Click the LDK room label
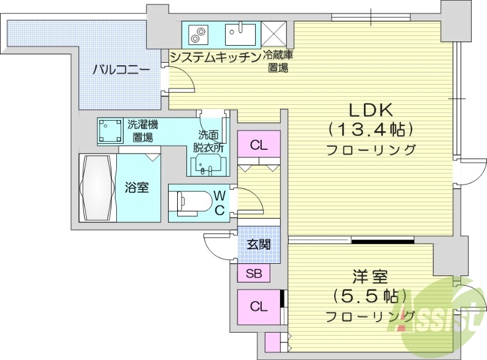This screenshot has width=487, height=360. [373, 110]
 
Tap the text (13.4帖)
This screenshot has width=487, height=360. [372, 130]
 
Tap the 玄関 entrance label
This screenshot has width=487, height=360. [259, 245]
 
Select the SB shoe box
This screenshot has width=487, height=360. [254, 274]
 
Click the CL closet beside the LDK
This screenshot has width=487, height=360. [259, 146]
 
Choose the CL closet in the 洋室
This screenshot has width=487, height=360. [259, 306]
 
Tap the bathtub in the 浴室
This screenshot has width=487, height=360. [97, 188]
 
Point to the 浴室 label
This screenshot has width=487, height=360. [137, 188]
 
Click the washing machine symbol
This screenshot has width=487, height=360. [110, 131]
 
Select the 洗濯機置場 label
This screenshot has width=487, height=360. [143, 131]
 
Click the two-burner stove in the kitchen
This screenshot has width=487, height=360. [198, 34]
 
